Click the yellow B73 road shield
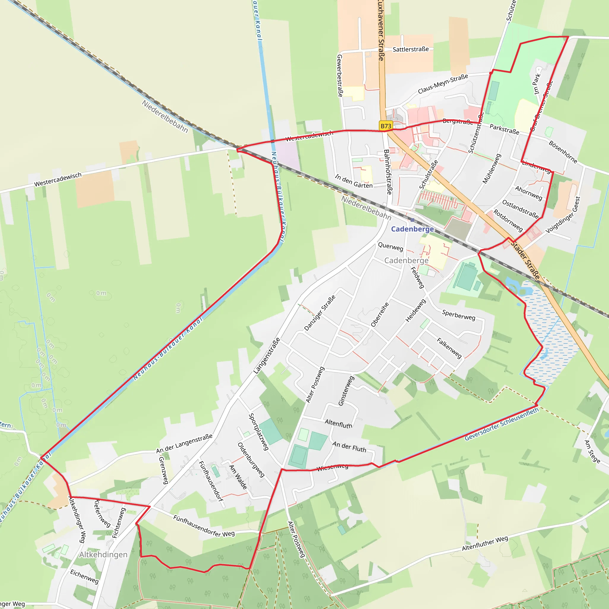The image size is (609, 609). (x=386, y=126)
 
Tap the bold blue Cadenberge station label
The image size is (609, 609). (x=412, y=229)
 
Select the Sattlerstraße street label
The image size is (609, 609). (x=410, y=49)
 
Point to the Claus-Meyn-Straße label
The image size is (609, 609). (x=442, y=84)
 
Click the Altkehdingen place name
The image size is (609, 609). (x=103, y=555)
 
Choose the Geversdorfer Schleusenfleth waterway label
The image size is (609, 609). (x=502, y=424)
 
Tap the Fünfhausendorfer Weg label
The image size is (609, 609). (x=204, y=526)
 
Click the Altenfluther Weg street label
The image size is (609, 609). (x=485, y=543)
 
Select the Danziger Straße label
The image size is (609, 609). (x=320, y=313)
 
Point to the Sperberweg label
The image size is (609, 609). (x=458, y=315)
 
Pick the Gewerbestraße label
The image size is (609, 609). (x=340, y=76)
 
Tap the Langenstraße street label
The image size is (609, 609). (x=267, y=356)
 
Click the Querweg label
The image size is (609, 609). (x=390, y=247)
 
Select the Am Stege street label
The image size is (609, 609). (x=592, y=451)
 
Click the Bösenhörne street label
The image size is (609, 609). (x=563, y=152)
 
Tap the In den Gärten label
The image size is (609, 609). (x=354, y=181)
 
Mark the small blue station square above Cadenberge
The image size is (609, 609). (x=412, y=220)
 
